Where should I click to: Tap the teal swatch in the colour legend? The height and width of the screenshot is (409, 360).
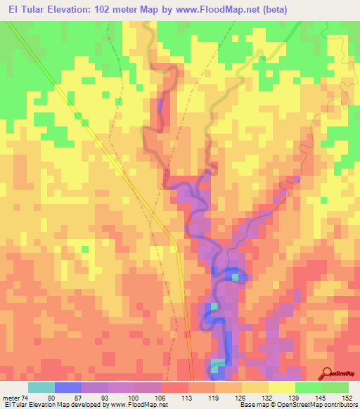[41, 387]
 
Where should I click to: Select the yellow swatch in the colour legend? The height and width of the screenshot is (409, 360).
[281, 387]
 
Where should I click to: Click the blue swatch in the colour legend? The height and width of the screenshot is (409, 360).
[68, 387]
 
